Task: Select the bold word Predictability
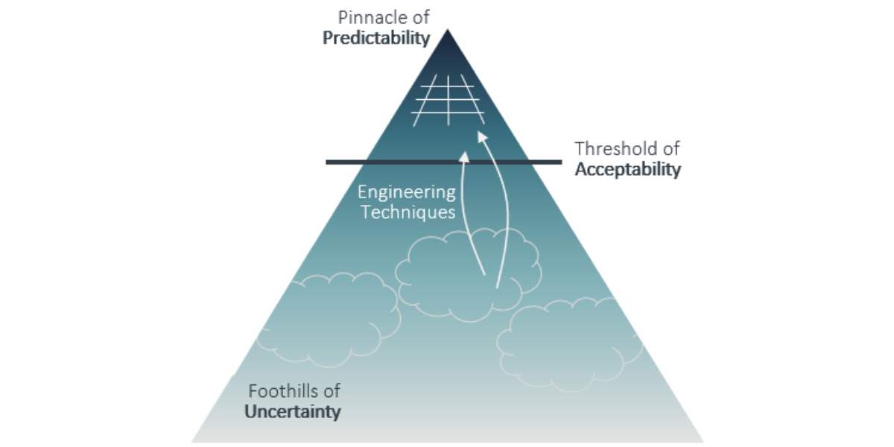pos(377,38)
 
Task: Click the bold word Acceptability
pos(628,169)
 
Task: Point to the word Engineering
pos(407,192)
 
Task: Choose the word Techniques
pos(407,212)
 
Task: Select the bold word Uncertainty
pos(294,411)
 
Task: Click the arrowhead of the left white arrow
pos(465,156)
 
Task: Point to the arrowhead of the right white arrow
pos(481,137)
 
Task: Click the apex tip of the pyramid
pos(447,31)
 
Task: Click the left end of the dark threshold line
pos(328,162)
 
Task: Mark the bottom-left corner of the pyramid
pos(192,442)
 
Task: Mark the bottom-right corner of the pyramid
pos(703,442)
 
